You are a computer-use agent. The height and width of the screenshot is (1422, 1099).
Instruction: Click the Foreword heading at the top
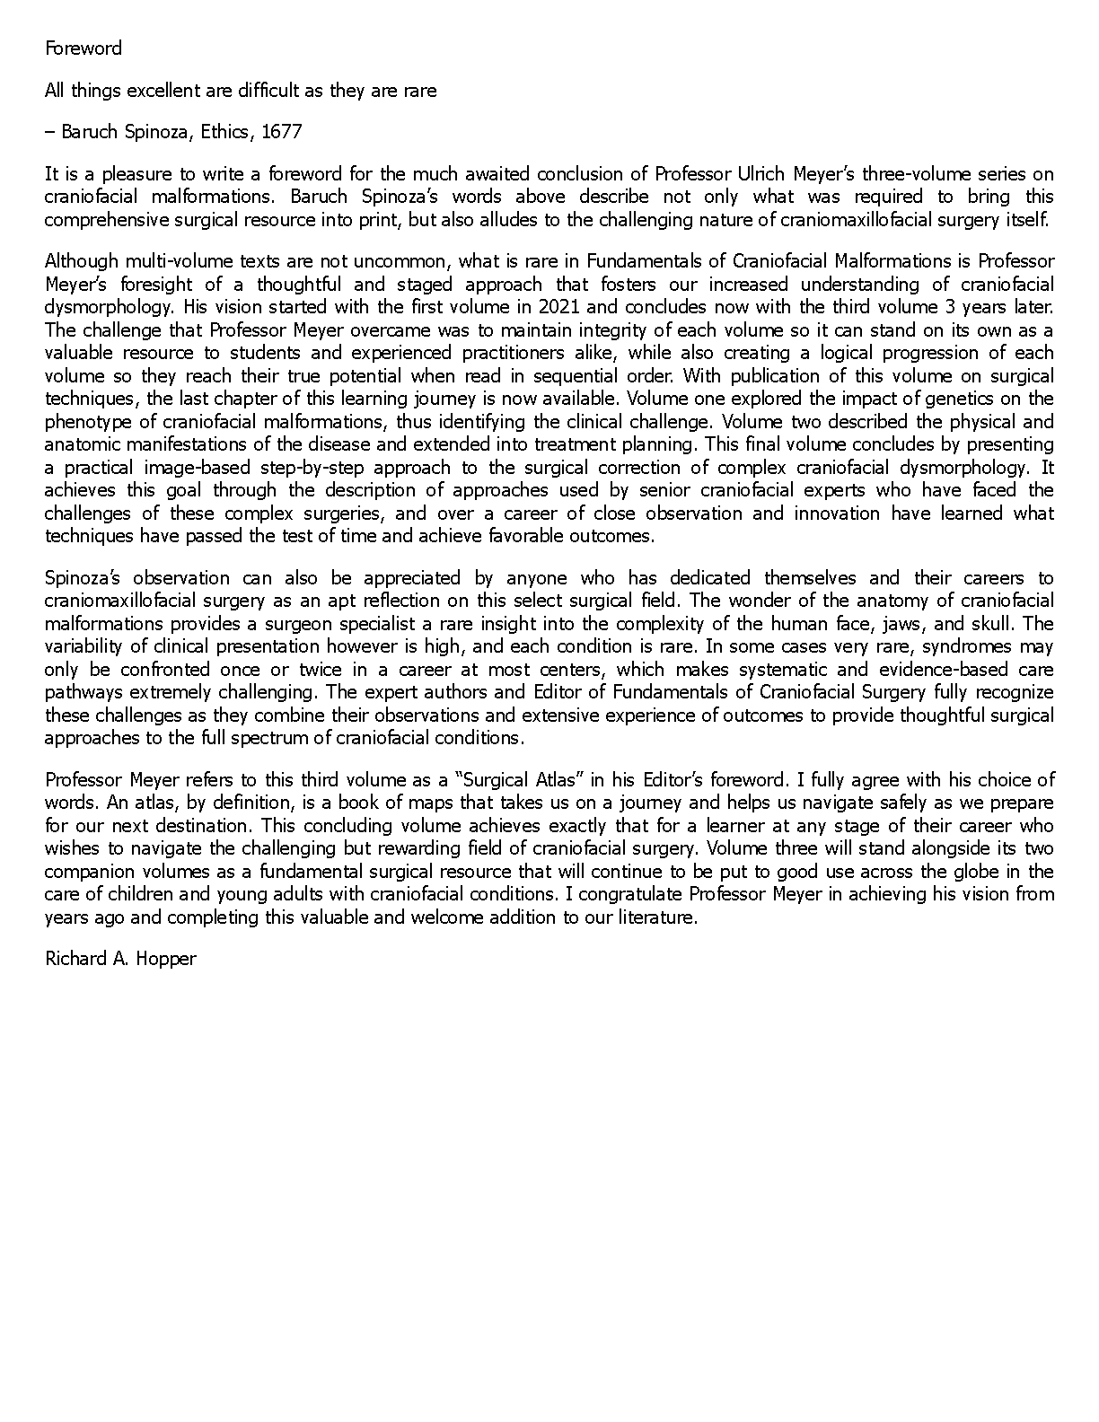(x=84, y=48)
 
